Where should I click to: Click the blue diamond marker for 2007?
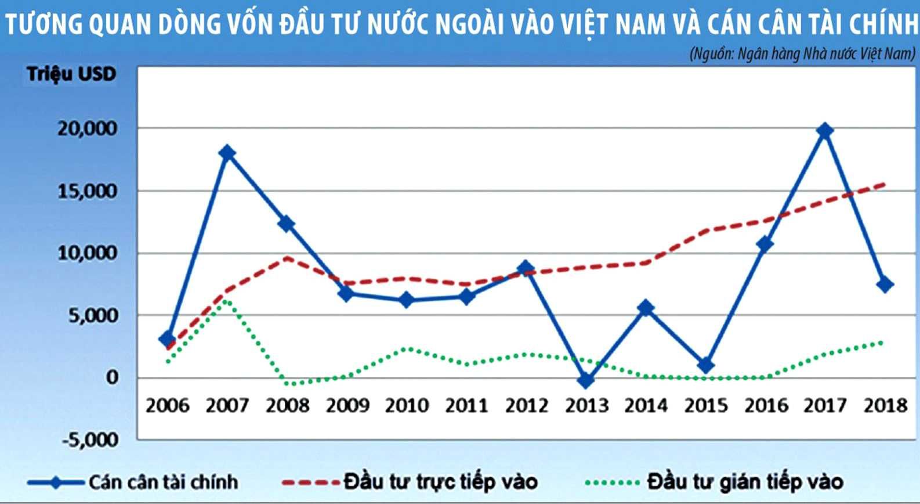coord(227,153)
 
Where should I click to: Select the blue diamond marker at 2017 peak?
coord(824,131)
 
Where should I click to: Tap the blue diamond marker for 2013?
coord(586,380)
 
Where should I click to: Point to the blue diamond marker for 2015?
coord(705,365)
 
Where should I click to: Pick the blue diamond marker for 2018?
coord(885,285)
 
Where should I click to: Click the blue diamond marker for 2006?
coord(167,339)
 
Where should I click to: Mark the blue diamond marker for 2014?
coord(646,308)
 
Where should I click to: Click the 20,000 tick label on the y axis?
coord(88,128)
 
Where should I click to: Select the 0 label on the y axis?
coord(111,377)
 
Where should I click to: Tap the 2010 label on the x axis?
coord(407,405)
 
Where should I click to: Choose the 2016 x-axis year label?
coord(766,405)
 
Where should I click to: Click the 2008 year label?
coord(287,405)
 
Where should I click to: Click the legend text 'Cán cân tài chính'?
coord(163,481)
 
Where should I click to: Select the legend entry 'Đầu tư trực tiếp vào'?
coord(440,481)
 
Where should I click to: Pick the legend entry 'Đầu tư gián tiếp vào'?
coord(745,481)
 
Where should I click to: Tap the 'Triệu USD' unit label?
coord(71,74)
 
